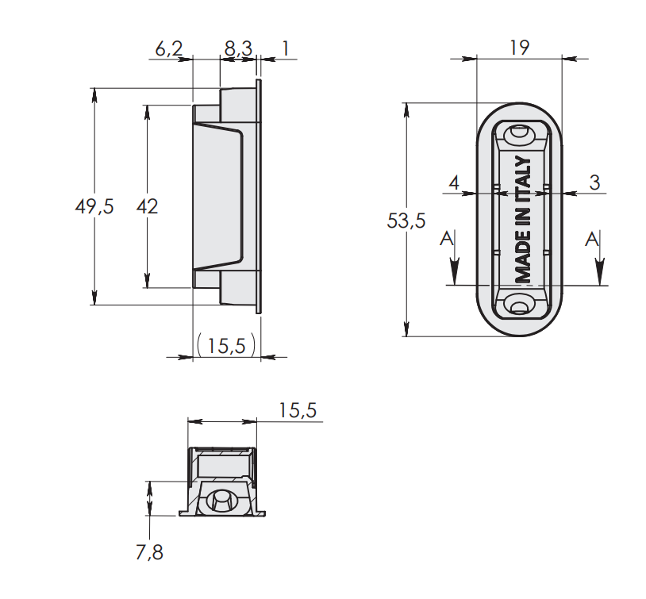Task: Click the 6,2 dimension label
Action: click(169, 48)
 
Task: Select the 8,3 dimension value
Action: click(238, 48)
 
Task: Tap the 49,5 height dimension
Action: click(94, 206)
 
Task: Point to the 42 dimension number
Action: click(147, 206)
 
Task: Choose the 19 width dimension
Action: click(520, 48)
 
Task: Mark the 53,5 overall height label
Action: click(406, 221)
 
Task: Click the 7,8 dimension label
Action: click(149, 552)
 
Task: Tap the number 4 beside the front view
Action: click(454, 182)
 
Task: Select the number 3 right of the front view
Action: click(594, 182)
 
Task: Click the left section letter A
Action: click(447, 239)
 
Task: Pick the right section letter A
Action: click(592, 239)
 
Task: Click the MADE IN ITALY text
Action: click(523, 219)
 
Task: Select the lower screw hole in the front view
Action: click(519, 305)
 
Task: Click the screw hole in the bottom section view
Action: click(221, 501)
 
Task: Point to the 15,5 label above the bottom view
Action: click(298, 410)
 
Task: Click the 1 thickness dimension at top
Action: click(285, 48)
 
